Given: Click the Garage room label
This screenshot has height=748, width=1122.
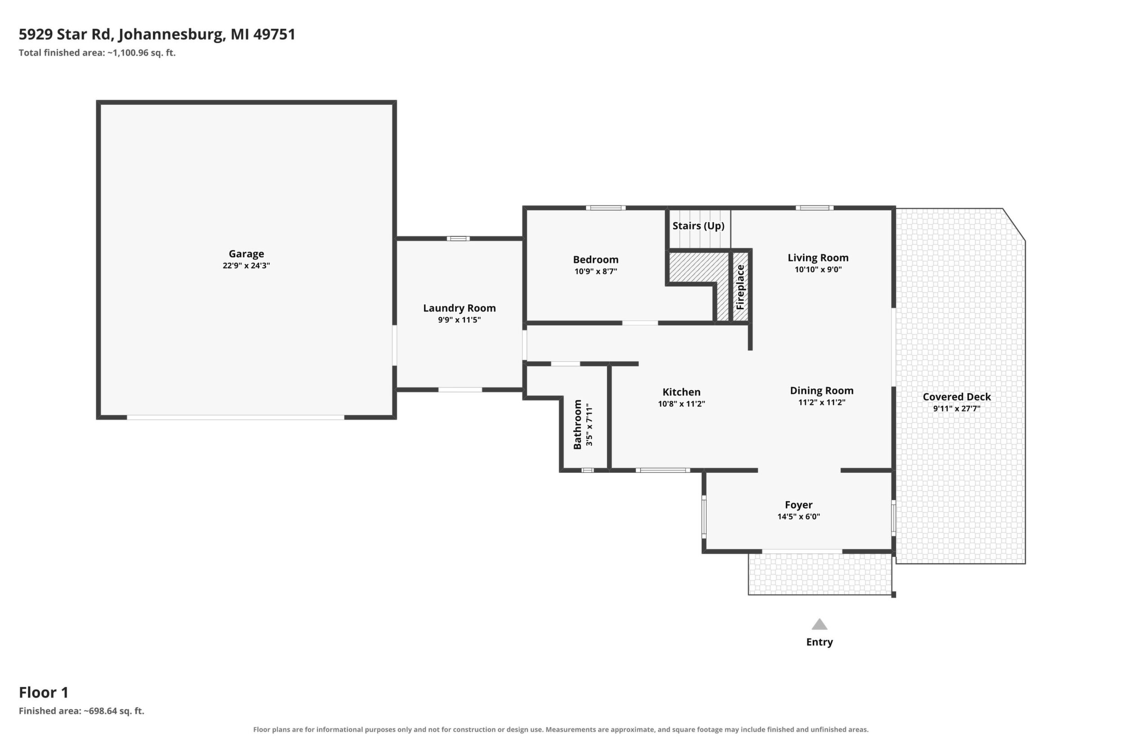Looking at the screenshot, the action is point(246,254).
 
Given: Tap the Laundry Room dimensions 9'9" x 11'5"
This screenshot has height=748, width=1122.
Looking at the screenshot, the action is point(459,320).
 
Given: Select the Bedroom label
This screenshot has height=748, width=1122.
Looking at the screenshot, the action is point(595,259).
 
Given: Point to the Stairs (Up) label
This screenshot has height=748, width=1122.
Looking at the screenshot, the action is point(699,226).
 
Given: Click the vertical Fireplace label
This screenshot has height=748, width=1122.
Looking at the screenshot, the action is point(740,287).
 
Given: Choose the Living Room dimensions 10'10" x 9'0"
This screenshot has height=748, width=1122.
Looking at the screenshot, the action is point(818,270).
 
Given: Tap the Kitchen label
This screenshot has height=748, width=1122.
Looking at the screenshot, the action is point(681,392).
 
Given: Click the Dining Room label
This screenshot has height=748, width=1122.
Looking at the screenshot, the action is point(821,391).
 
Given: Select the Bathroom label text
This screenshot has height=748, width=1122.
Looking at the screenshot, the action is point(578,424).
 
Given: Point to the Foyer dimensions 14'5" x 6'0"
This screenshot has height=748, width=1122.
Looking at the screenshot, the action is point(798,516).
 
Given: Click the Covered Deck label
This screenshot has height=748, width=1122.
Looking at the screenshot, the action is point(957,397).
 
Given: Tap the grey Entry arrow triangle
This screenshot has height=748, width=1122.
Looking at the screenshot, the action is point(819,624).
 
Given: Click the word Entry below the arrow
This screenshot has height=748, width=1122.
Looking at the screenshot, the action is point(819,642).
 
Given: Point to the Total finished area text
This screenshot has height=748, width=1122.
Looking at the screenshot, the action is point(97,53).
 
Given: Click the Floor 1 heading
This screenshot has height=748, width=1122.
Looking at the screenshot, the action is point(44,692).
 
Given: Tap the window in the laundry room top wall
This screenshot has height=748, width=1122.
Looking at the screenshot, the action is point(458,239).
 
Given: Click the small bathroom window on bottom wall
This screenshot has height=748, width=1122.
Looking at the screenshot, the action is point(587,470).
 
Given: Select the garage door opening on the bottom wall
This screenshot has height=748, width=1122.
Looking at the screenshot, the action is point(236,418).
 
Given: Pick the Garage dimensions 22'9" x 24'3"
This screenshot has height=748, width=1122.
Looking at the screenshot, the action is point(246,266).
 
